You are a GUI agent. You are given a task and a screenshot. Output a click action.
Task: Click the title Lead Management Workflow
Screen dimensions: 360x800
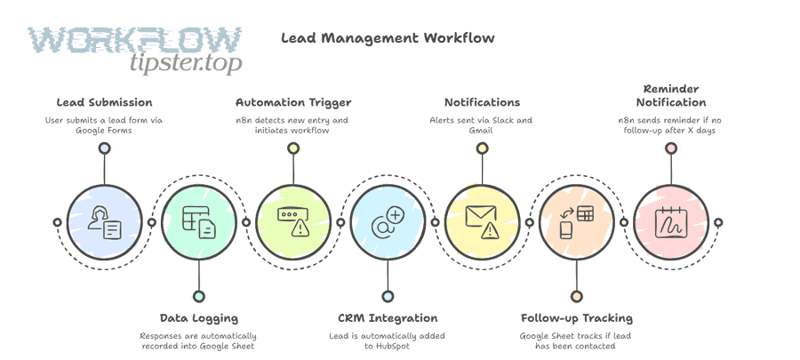tap(388, 38)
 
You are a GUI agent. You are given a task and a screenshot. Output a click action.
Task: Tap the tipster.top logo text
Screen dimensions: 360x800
tap(185, 63)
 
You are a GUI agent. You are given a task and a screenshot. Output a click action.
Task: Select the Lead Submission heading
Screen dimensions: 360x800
tap(104, 102)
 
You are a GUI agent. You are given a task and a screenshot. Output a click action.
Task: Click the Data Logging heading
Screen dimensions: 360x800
tap(198, 317)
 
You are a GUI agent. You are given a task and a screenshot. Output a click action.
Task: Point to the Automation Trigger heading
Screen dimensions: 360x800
tap(293, 102)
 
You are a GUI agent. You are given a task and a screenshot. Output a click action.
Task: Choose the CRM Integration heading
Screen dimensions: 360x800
tap(388, 317)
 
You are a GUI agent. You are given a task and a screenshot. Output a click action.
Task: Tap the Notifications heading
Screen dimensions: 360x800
tap(482, 102)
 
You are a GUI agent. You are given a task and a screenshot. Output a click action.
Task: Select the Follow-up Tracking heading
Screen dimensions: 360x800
tap(576, 317)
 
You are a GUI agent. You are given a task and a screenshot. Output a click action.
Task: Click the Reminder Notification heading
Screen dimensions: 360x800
tap(671, 95)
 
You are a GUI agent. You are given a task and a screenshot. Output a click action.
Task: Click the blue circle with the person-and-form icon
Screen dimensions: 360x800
tap(104, 222)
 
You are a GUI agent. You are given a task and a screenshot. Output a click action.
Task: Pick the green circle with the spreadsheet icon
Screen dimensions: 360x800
tap(198, 222)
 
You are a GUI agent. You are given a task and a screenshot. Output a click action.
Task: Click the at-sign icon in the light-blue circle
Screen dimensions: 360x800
tap(388, 222)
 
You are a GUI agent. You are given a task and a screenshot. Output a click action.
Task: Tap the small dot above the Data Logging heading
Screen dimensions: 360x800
tap(198, 297)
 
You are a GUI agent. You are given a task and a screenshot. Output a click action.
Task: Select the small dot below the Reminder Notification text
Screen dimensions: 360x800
tap(671, 148)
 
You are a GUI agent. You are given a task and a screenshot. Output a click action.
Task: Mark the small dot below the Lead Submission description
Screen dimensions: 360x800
tap(104, 148)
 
